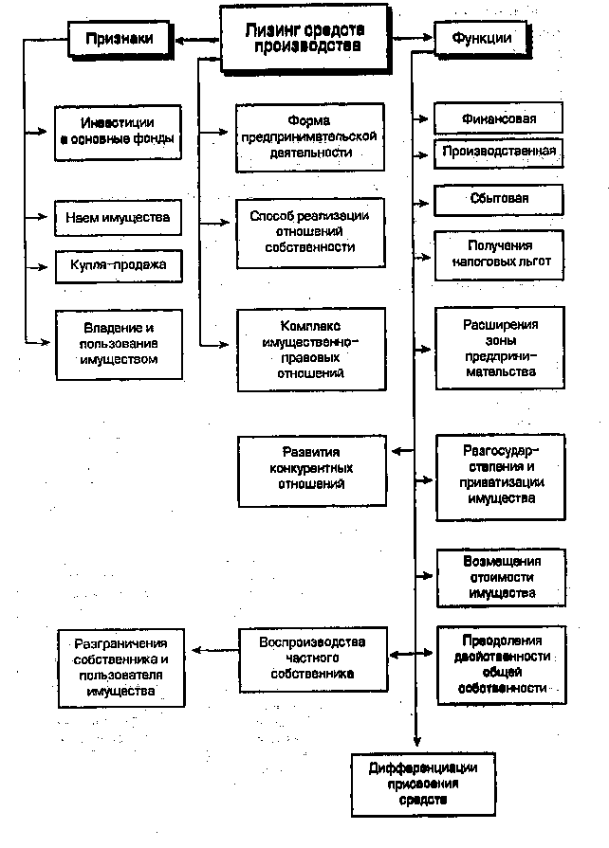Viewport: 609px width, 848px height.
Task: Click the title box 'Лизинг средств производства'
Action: tap(304, 38)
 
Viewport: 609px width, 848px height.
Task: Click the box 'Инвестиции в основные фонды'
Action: tap(117, 130)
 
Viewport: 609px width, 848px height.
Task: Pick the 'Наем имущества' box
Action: tap(118, 218)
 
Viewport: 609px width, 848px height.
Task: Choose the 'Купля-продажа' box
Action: tap(118, 264)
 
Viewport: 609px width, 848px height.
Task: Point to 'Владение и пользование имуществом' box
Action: tap(118, 343)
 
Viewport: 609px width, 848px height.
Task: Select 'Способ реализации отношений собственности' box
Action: tap(310, 232)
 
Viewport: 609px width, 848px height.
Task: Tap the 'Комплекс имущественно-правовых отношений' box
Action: tap(311, 348)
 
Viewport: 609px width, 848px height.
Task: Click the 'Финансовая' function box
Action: tap(499, 119)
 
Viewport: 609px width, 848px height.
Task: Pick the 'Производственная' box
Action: tap(499, 151)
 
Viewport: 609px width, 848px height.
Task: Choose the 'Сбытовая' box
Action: tap(499, 199)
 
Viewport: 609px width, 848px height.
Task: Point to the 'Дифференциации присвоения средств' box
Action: tap(422, 783)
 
